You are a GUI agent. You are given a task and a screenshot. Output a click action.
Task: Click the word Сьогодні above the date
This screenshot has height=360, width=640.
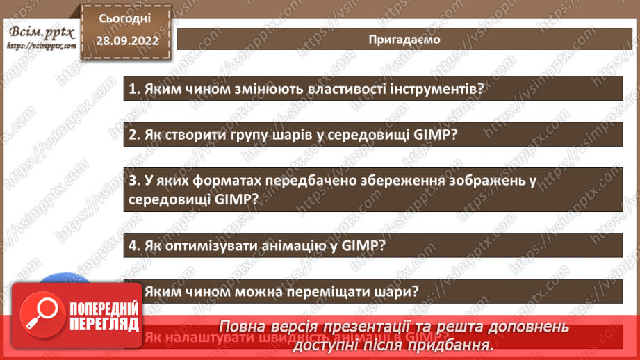pyautogui.click(x=124, y=19)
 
